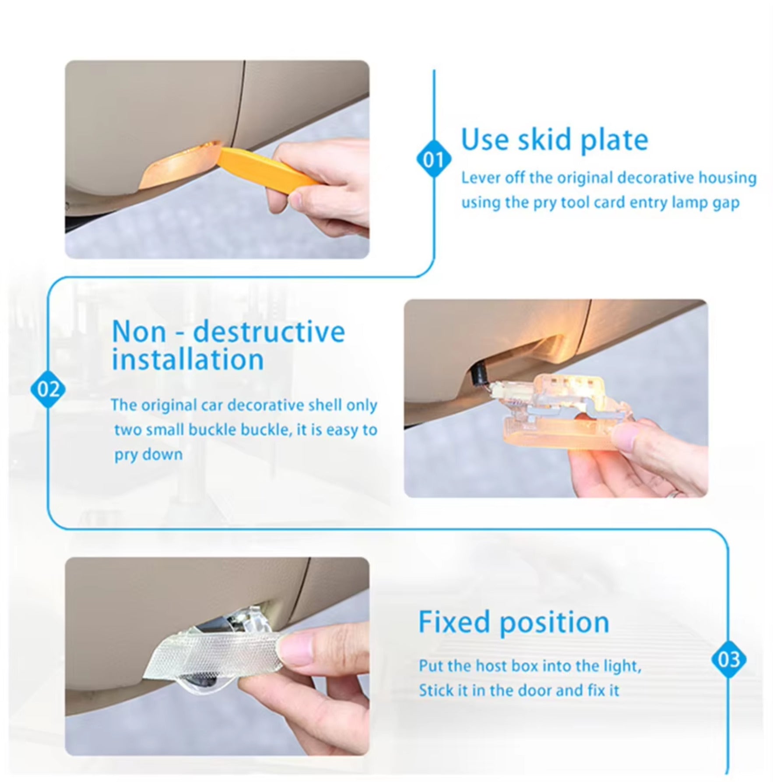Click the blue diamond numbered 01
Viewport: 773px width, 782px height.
tap(433, 160)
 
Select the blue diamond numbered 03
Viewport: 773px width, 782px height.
tap(728, 659)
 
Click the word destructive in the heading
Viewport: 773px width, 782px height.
tap(269, 332)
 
